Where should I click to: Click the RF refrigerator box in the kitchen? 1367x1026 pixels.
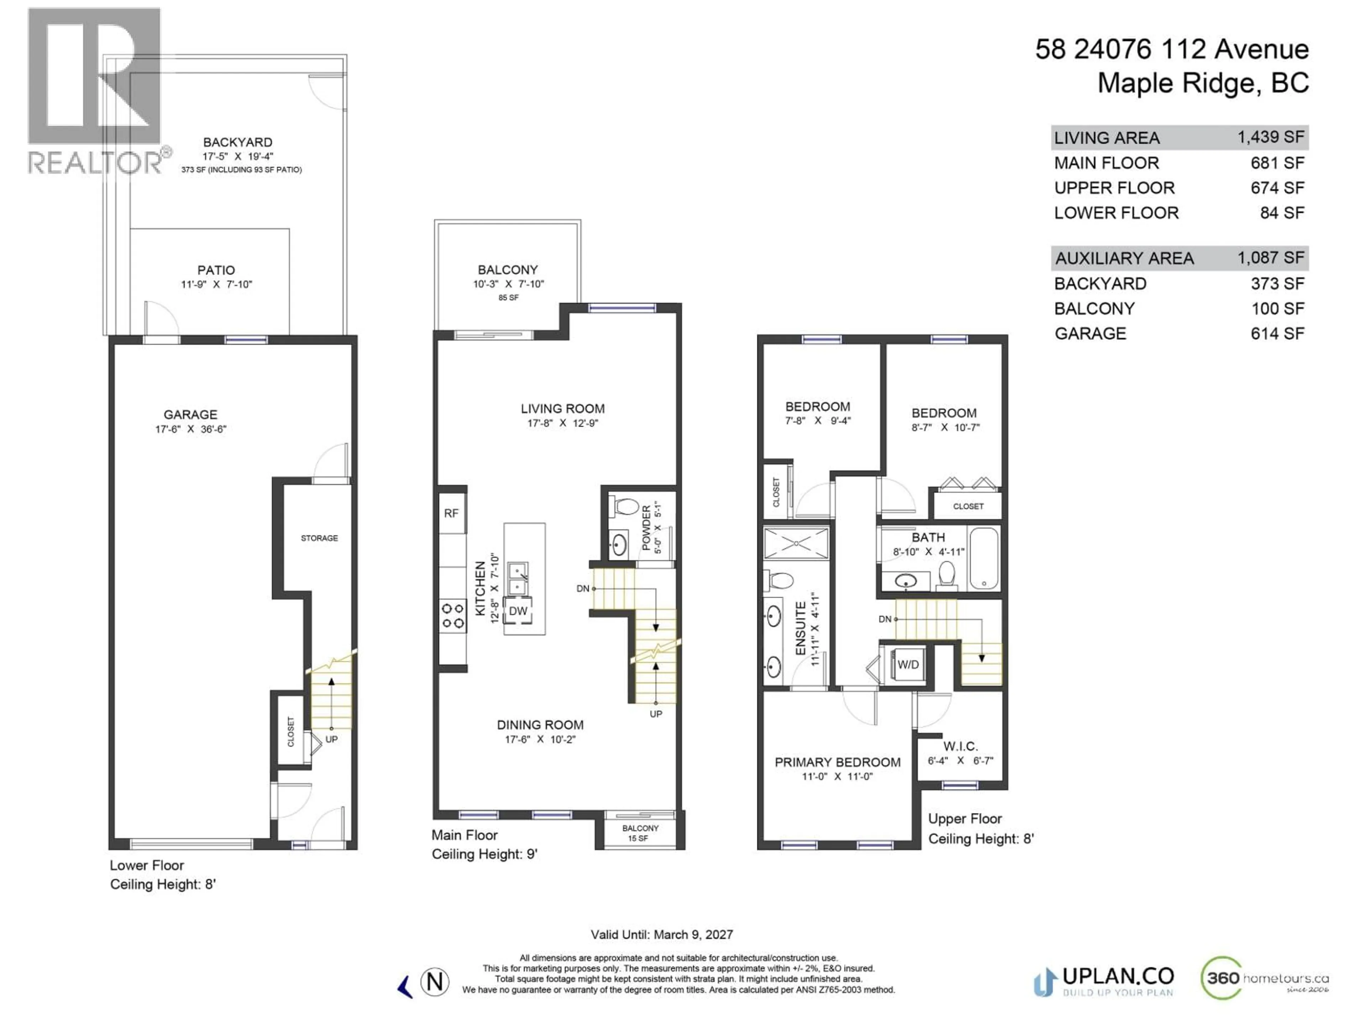(451, 513)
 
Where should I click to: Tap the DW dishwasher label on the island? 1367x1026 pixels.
(518, 611)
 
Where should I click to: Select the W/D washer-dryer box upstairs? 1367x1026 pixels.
(908, 665)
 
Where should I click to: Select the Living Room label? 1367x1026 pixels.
(562, 409)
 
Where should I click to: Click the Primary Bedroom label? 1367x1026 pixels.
(837, 762)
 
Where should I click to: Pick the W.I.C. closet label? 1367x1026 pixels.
(960, 746)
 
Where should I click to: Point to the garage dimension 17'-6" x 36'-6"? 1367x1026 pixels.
(190, 429)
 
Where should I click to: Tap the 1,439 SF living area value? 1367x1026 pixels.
(1271, 137)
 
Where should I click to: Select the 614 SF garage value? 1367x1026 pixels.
(1277, 333)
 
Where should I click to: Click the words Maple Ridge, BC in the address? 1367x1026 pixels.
(1203, 83)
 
